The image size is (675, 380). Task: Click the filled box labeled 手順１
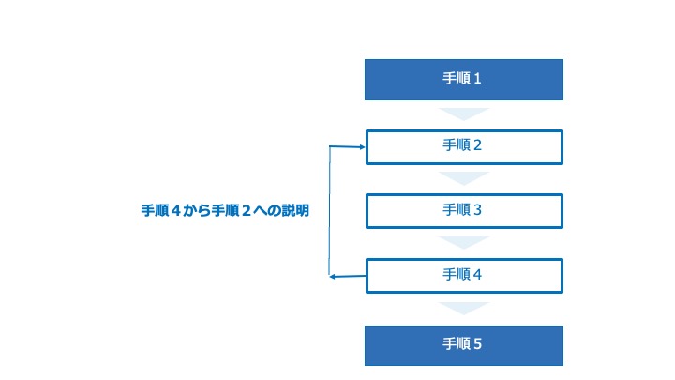[x=464, y=80]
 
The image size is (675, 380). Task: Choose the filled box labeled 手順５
[x=464, y=345]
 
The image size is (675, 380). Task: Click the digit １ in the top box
[x=477, y=79]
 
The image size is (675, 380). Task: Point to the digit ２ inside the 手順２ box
[x=477, y=145]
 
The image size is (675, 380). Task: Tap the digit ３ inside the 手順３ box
[x=477, y=210]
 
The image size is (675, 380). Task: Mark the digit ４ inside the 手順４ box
[x=477, y=274]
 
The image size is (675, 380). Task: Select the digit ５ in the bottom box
[x=477, y=343]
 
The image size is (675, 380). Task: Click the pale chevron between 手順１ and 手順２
[x=464, y=114]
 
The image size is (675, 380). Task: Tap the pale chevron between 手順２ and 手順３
[x=464, y=178]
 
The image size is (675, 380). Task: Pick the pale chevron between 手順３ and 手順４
[x=464, y=243]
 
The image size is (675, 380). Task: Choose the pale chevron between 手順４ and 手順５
[x=464, y=309]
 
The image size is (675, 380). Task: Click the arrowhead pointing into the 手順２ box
[x=363, y=147]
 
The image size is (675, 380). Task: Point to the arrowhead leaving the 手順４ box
[x=332, y=277]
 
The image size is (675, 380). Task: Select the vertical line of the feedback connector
[x=329, y=211]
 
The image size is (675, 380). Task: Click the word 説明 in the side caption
[x=295, y=210]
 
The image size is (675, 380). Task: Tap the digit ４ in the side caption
[x=174, y=210]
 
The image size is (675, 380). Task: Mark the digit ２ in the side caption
[x=247, y=210]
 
